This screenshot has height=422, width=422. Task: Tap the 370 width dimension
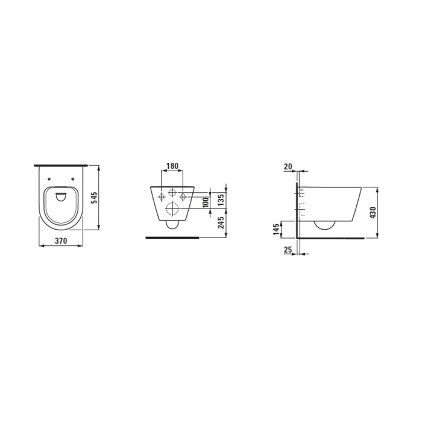tap(61, 241)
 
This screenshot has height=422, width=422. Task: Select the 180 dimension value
tap(172, 166)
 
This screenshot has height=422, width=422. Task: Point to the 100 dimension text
tap(206, 202)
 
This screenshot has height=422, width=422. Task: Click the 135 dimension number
tap(221, 200)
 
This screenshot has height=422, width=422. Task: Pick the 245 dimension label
tap(221, 222)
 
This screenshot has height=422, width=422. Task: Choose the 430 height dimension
tap(373, 213)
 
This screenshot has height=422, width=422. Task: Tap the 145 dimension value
tap(276, 229)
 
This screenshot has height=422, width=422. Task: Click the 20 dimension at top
tap(288, 166)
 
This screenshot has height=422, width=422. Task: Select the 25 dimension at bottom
tap(288, 250)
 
